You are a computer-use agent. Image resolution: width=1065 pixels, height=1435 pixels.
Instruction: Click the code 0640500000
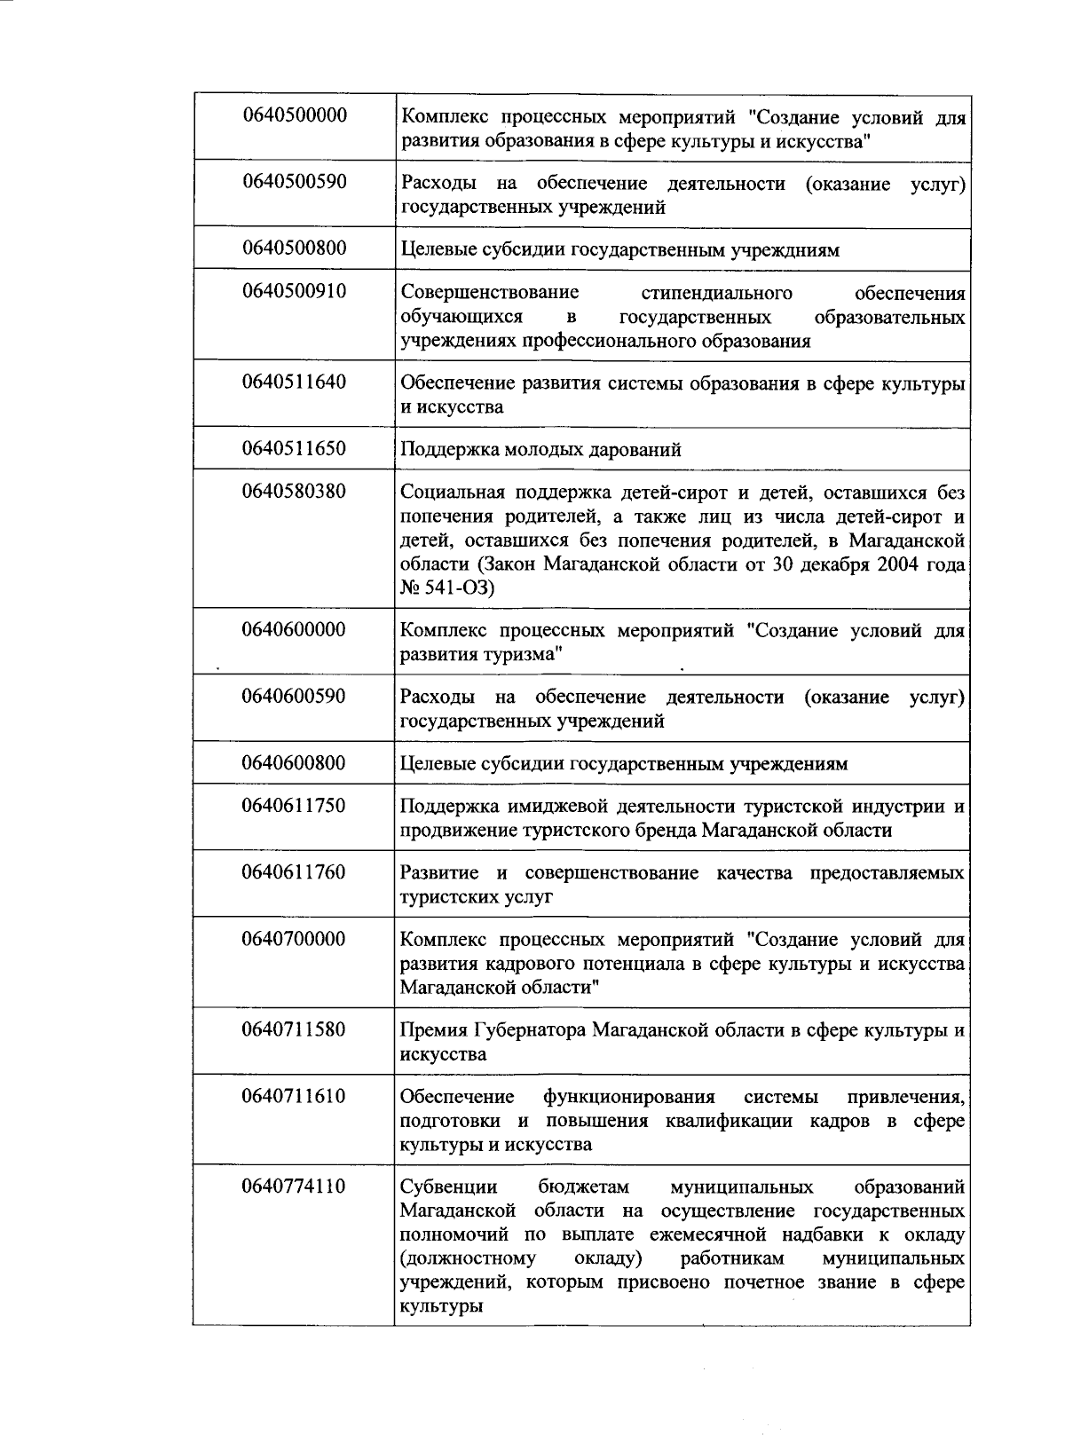(294, 115)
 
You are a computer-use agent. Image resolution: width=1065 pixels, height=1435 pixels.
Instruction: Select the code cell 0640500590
(294, 182)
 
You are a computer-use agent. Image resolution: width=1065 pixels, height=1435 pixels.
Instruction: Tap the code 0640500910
(294, 291)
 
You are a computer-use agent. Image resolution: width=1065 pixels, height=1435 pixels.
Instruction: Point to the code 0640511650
(294, 448)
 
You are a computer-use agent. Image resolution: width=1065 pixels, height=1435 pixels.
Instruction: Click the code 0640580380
(294, 491)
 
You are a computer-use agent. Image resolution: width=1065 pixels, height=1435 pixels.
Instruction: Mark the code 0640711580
(294, 1029)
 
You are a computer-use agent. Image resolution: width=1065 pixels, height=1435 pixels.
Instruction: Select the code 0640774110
(294, 1187)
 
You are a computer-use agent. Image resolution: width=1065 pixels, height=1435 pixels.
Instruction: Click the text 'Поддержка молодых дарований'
(540, 450)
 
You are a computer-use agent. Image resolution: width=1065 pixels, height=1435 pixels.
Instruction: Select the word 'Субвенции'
(448, 1187)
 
